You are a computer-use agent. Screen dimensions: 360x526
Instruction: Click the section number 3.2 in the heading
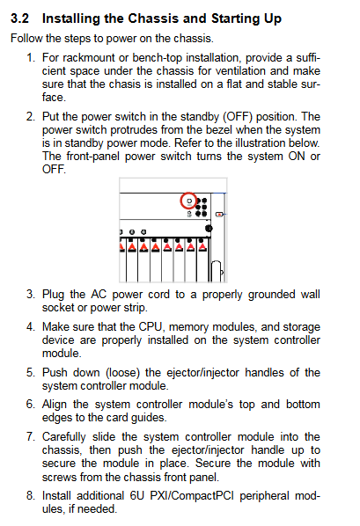19,18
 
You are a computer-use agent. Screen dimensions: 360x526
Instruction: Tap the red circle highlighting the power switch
188,201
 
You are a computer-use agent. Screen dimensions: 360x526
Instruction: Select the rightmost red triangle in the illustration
202,247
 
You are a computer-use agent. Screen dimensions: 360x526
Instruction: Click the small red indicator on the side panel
219,214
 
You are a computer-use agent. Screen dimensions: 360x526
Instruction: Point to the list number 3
31,294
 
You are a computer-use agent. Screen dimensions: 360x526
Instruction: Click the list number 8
31,495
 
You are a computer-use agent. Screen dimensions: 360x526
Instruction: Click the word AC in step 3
99,294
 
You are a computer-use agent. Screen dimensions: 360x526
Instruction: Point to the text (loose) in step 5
122,373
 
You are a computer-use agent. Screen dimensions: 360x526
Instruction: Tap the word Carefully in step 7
63,437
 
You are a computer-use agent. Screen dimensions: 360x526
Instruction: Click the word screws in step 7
55,477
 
